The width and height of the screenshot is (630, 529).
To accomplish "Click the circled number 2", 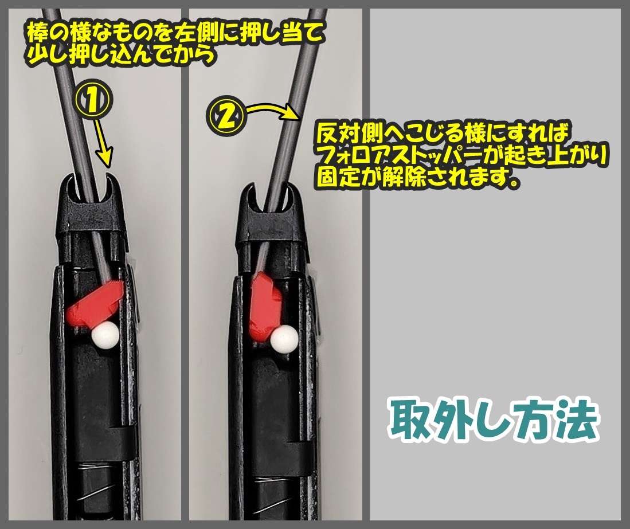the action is coord(226,116).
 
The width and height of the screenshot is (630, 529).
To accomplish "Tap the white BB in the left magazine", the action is coord(105,334).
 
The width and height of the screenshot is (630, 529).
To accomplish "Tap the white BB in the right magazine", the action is coord(284,339).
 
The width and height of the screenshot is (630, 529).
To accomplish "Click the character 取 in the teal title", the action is coord(413,420).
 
